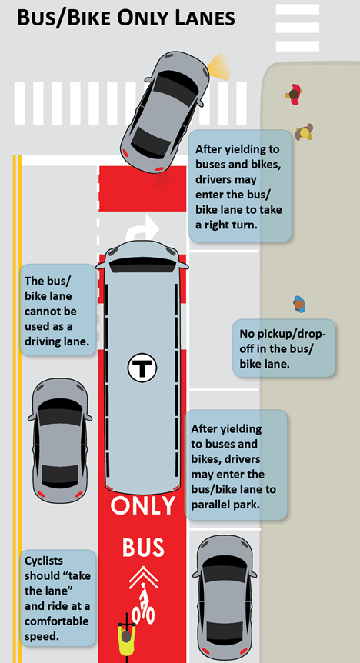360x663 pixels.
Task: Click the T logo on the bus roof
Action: pyautogui.click(x=142, y=367)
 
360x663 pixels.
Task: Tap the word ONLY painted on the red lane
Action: pyautogui.click(x=143, y=505)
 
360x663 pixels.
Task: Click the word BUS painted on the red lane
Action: pyautogui.click(x=143, y=547)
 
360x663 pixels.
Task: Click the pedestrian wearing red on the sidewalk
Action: pyautogui.click(x=294, y=95)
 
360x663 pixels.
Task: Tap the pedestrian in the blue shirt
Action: pyautogui.click(x=299, y=304)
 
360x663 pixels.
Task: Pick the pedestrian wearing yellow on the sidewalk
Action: pyautogui.click(x=304, y=132)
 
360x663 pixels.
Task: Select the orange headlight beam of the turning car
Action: pyautogui.click(x=220, y=67)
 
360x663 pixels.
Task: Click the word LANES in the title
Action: pyautogui.click(x=204, y=18)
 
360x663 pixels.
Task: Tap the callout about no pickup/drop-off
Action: pyautogui.click(x=284, y=348)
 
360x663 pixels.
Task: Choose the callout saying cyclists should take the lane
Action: pyautogui.click(x=58, y=598)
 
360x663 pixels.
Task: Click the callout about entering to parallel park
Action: pyautogui.click(x=235, y=465)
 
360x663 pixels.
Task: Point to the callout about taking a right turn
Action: pyautogui.click(x=240, y=186)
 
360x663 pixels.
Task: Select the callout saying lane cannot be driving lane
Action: pyautogui.click(x=58, y=309)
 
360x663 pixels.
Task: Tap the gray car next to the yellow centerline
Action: pyautogui.click(x=60, y=441)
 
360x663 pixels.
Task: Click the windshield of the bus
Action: pyautogui.click(x=142, y=265)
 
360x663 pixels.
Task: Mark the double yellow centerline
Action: pyautogui.click(x=17, y=409)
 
